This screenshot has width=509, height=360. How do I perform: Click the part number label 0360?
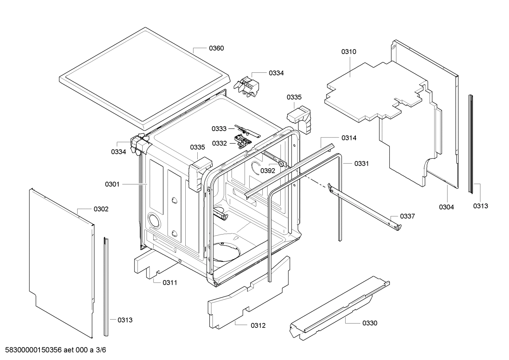(216, 48)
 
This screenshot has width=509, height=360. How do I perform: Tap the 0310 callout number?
(348, 52)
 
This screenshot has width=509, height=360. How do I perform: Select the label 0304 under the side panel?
(446, 207)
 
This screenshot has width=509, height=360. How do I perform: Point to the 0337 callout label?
(407, 216)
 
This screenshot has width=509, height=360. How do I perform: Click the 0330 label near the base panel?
(370, 323)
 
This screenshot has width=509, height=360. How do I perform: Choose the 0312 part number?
(258, 326)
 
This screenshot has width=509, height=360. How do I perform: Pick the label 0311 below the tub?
(170, 283)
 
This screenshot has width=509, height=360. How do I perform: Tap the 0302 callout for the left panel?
(101, 209)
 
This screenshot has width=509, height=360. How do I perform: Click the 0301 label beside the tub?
(112, 184)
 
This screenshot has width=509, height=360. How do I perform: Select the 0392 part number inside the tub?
(268, 171)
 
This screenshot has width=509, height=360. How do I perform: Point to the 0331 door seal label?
(361, 164)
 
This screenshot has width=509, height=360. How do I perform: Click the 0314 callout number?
(349, 138)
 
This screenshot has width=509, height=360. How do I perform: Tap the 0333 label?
(219, 129)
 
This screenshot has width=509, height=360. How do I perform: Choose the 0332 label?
(219, 143)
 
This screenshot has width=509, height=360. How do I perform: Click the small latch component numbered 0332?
(243, 142)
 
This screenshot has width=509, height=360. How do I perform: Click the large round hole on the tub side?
(154, 220)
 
